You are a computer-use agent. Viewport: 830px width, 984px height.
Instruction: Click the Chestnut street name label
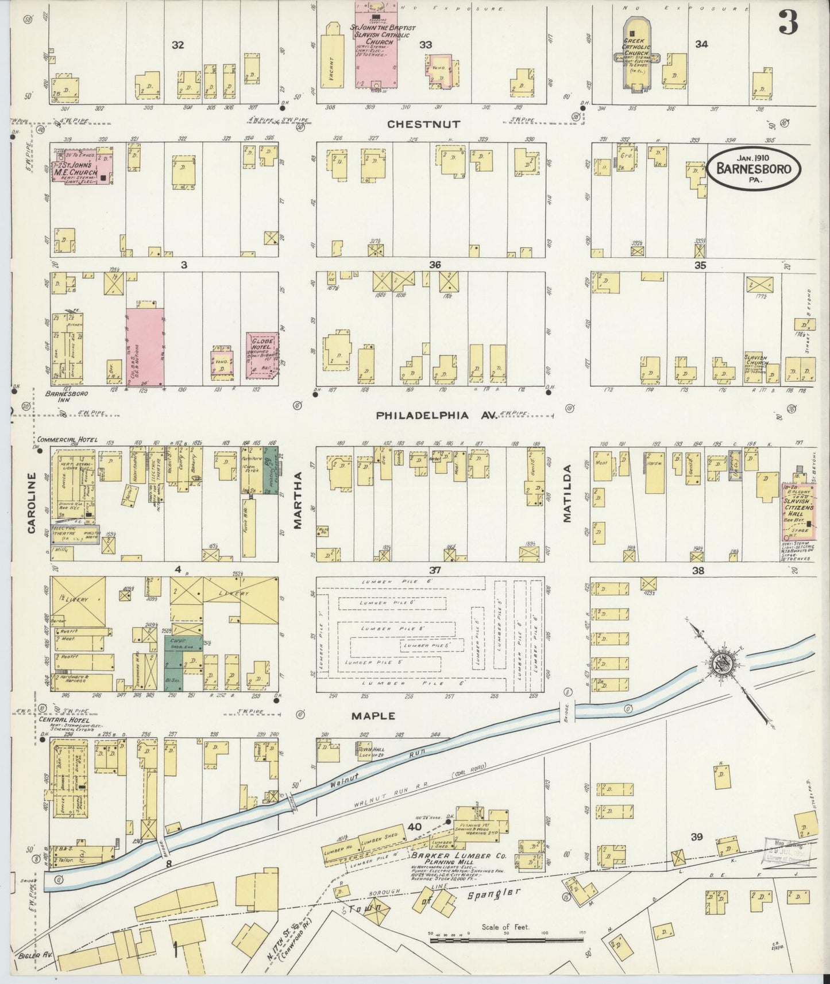(x=424, y=124)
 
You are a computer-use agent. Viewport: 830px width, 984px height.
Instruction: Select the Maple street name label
(x=374, y=716)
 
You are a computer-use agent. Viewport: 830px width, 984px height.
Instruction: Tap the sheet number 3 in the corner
(x=789, y=23)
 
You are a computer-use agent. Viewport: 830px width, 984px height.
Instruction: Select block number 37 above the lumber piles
(x=435, y=570)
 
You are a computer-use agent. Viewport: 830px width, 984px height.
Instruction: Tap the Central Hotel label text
(x=61, y=720)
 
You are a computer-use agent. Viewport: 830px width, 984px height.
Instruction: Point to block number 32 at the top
(x=178, y=44)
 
